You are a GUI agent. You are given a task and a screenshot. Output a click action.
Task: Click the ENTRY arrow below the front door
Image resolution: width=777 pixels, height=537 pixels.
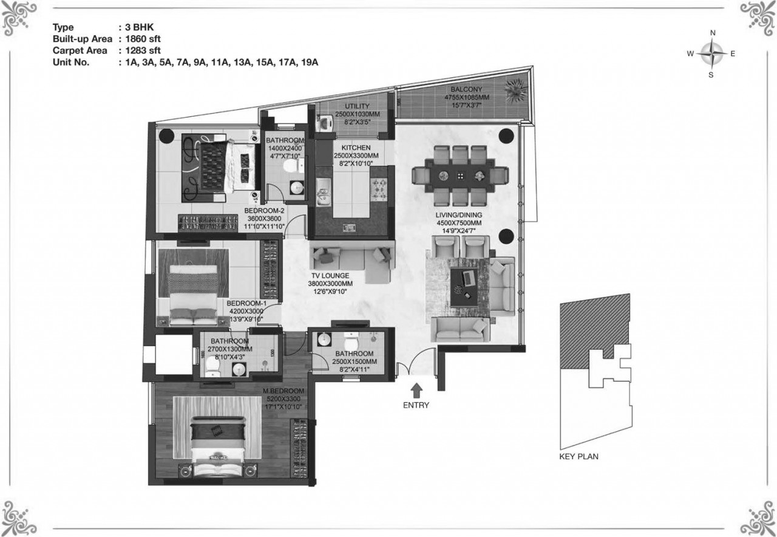[x=416, y=391]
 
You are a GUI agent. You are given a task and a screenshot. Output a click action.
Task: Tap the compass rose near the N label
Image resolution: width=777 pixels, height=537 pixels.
[x=711, y=54]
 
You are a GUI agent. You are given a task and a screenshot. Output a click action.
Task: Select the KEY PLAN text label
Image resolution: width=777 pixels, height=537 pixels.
[x=579, y=456]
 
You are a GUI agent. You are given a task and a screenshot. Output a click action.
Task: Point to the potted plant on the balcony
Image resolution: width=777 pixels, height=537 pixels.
[x=517, y=90]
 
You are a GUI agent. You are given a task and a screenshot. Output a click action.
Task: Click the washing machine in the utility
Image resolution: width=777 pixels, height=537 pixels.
[x=324, y=123]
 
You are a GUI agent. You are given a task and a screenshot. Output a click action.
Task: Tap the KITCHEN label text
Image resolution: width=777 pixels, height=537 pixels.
[x=356, y=148]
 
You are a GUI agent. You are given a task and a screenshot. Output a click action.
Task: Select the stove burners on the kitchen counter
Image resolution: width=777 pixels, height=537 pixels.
[x=379, y=190]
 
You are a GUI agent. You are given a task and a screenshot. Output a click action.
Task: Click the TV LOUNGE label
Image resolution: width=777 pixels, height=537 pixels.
[x=330, y=276]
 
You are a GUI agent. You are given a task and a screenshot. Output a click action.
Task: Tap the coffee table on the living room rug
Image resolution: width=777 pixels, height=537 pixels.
[x=467, y=287]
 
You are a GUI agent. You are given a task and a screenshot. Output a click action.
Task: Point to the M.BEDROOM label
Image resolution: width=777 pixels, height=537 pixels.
[x=283, y=391]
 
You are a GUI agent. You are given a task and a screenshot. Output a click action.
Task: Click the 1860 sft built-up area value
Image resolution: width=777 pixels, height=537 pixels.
[x=143, y=39]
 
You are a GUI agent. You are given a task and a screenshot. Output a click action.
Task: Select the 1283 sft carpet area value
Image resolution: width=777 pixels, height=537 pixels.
[x=143, y=50]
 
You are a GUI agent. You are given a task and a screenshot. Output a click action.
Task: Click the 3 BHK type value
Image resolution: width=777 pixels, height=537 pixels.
[x=140, y=27]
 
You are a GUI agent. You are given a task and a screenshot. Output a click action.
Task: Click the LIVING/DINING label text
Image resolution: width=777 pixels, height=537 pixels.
[x=459, y=215]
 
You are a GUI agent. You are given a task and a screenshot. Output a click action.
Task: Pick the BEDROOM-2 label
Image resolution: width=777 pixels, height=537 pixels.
[x=264, y=211]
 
